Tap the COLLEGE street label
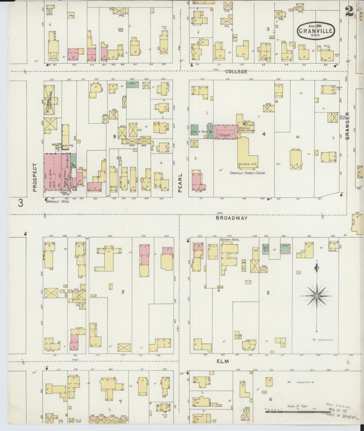236,72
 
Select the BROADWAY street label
231,218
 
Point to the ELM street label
223,361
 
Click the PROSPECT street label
35,177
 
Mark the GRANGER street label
348,126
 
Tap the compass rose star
316,296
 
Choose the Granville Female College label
248,173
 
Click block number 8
123,292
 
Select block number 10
120,30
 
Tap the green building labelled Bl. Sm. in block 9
132,84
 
